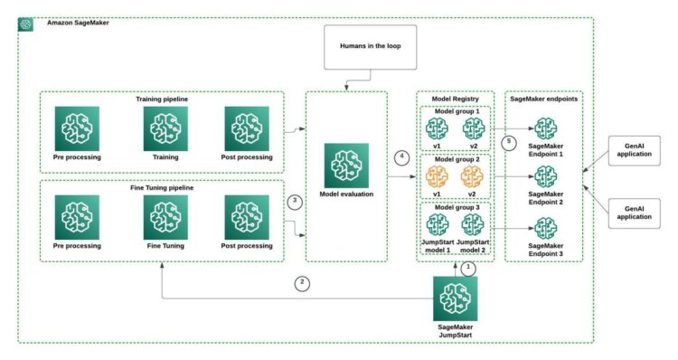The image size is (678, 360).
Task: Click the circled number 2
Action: [x=303, y=283]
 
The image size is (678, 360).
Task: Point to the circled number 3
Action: [x=292, y=200]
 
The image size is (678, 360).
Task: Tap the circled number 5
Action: [x=508, y=142]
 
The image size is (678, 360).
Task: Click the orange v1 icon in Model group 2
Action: [x=437, y=176]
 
